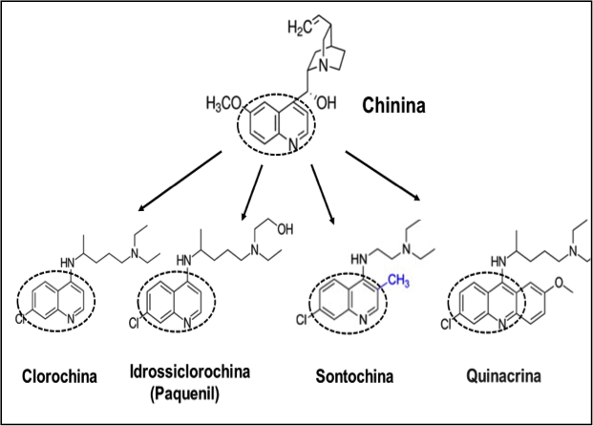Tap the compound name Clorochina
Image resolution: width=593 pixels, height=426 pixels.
(x=59, y=374)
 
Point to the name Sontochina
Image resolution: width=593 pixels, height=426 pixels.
(x=351, y=375)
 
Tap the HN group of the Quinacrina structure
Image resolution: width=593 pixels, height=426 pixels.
(x=497, y=260)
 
